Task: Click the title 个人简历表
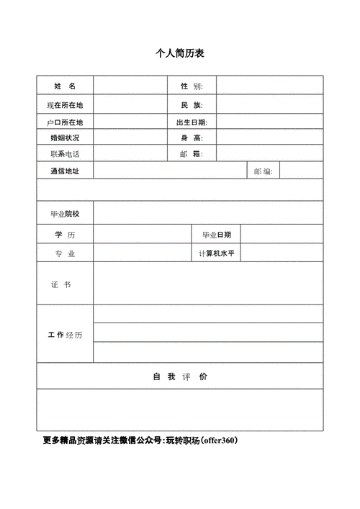[x=180, y=54]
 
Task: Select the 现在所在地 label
[x=65, y=105]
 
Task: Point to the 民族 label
[x=192, y=105]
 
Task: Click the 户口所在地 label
[x=65, y=122]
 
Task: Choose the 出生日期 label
[x=192, y=122]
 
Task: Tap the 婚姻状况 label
[x=65, y=138]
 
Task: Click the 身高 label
[x=192, y=138]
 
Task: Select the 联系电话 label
[x=65, y=154]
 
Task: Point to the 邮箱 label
[x=192, y=154]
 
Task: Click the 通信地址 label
[x=65, y=171]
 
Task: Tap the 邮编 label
[x=263, y=171]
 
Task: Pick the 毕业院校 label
[x=65, y=214]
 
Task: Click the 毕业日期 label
[x=217, y=235]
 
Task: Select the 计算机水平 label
[x=217, y=253]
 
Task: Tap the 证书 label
[x=61, y=285]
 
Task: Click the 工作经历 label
[x=65, y=335]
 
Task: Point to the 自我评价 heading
[x=180, y=377]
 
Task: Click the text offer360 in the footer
[x=220, y=440]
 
